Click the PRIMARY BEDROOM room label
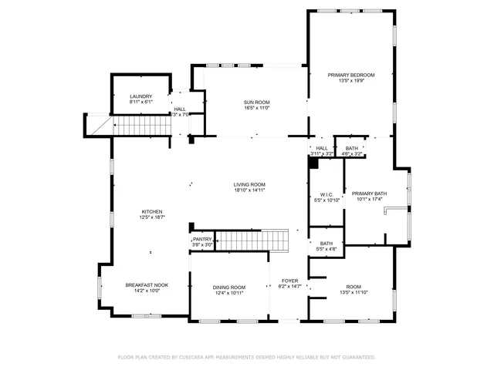350,75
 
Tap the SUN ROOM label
256,103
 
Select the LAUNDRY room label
140,96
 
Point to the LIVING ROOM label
249,184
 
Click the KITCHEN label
151,212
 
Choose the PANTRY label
201,240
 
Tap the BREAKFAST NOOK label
147,284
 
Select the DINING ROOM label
229,288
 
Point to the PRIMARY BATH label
370,193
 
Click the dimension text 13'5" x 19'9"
350,81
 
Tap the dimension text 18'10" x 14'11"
249,190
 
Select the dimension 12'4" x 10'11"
229,294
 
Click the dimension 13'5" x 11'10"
354,292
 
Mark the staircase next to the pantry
252,241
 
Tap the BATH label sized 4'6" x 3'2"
352,148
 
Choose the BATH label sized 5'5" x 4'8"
327,244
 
